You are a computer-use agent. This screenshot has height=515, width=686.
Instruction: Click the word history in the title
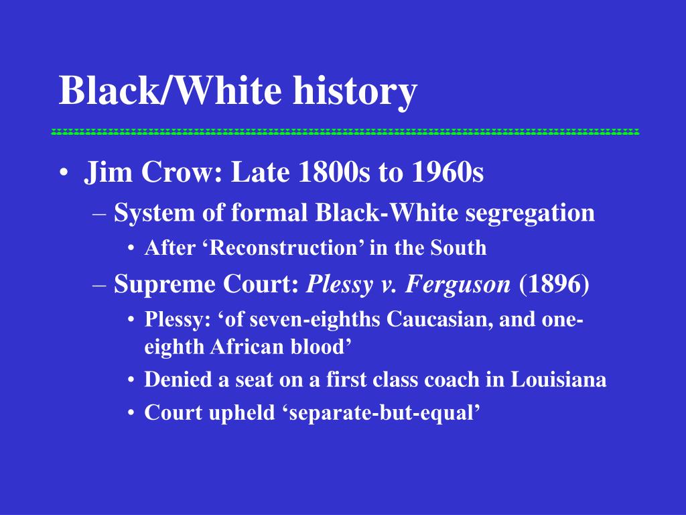tap(355, 91)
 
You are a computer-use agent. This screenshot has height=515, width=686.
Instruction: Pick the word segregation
tap(530, 214)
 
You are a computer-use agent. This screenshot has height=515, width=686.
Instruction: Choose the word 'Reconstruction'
tap(283, 247)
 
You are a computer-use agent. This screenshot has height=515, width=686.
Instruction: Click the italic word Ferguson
tap(458, 284)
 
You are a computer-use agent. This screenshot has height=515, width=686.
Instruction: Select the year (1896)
tap(554, 284)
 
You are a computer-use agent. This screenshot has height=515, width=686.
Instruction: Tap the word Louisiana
tap(558, 380)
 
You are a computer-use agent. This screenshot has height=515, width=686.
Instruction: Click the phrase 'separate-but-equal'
tap(385, 413)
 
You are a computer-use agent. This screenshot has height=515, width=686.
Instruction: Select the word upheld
tap(241, 413)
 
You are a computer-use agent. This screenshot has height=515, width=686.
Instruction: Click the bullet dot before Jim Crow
tap(64, 172)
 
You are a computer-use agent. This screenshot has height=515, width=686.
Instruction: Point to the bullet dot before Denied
tap(131, 380)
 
